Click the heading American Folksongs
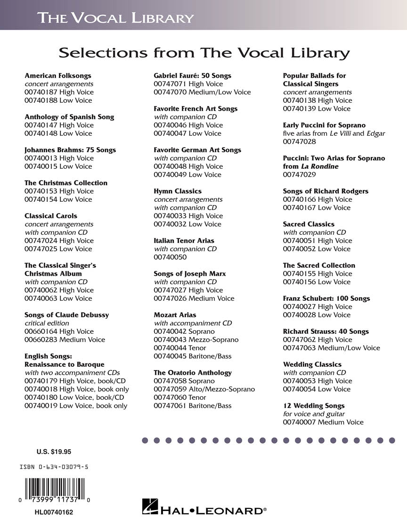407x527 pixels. [x=58, y=75]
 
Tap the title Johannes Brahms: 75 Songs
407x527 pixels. [x=70, y=150]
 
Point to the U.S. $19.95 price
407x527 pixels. [x=54, y=452]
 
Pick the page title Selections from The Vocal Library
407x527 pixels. [x=204, y=53]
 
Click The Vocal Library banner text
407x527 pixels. [x=115, y=18]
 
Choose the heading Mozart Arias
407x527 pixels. [x=175, y=315]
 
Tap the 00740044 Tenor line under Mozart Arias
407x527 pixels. [x=180, y=348]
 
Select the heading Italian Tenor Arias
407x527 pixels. [x=184, y=240]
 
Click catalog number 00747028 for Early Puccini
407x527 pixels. [x=300, y=141]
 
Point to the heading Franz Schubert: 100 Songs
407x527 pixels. [x=326, y=298]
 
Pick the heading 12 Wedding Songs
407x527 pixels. [x=314, y=405]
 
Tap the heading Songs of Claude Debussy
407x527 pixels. [x=66, y=315]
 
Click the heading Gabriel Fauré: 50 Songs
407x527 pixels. [x=193, y=75]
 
